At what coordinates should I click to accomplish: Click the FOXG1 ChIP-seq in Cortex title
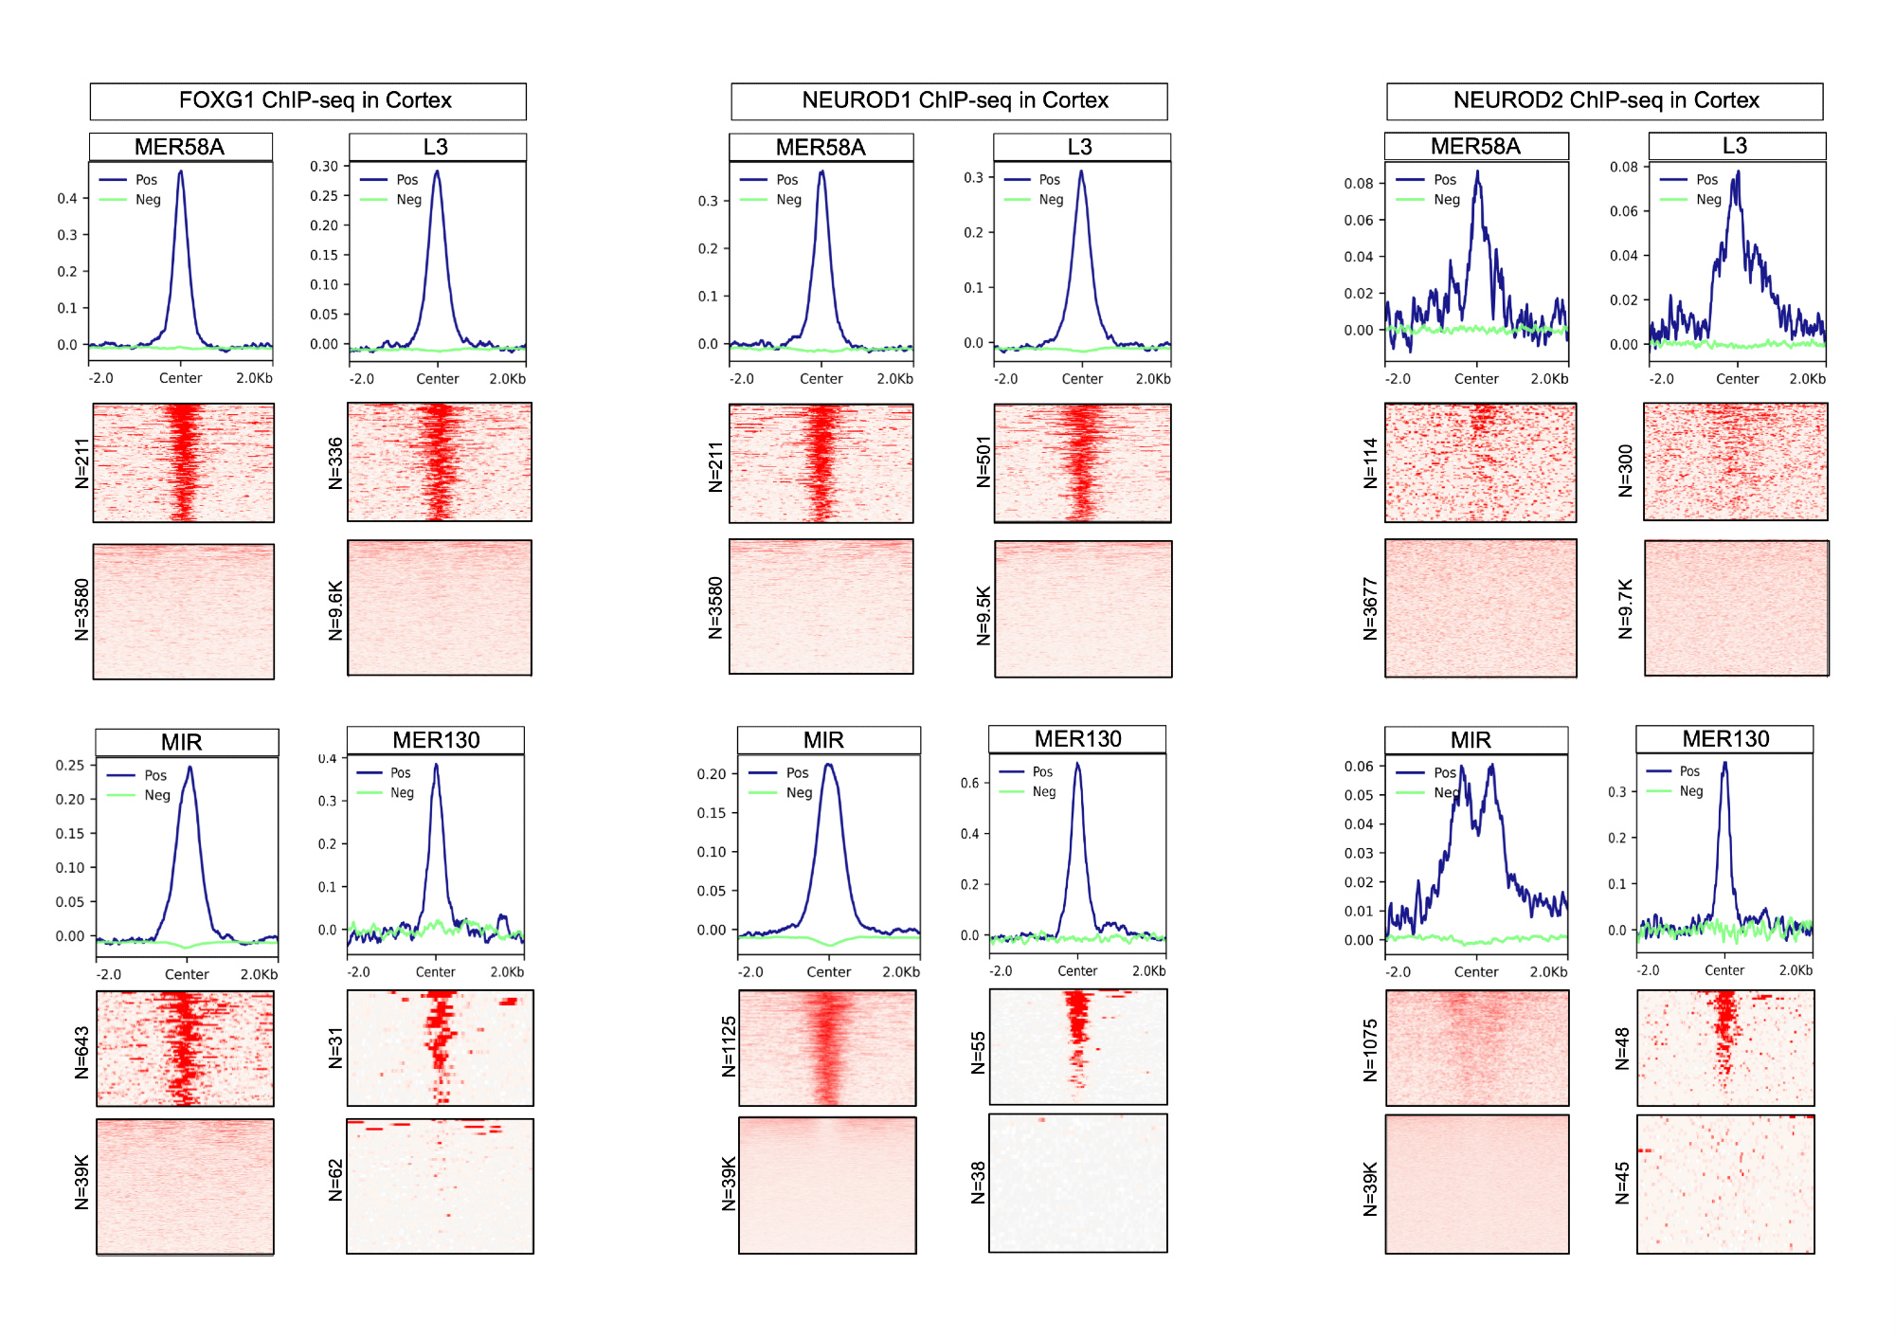point(315,100)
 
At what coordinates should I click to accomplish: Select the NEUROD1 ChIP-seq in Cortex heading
point(954,100)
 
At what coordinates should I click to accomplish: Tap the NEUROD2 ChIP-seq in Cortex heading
point(1605,100)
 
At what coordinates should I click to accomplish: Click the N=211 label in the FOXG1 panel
point(82,463)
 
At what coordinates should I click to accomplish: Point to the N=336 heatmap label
point(335,462)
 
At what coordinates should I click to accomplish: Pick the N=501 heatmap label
point(984,462)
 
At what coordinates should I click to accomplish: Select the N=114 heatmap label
point(1370,462)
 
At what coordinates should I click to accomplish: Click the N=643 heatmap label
point(82,1052)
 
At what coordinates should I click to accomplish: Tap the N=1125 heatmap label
point(729,1047)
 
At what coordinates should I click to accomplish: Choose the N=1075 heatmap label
point(1370,1050)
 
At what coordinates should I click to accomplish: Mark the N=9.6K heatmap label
point(335,611)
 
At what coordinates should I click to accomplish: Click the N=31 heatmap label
point(335,1048)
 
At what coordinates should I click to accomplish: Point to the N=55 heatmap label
point(979,1053)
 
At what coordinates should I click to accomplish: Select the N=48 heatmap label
point(1622,1048)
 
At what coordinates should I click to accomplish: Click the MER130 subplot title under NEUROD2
point(1725,739)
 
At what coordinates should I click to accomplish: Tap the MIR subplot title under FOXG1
point(181,742)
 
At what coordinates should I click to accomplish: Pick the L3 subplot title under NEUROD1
point(1079,147)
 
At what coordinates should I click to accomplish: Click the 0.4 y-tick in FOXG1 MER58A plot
point(67,198)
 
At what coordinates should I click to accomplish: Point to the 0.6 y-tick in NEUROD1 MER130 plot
point(969,783)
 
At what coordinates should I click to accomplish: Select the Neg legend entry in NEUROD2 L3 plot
point(1708,199)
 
